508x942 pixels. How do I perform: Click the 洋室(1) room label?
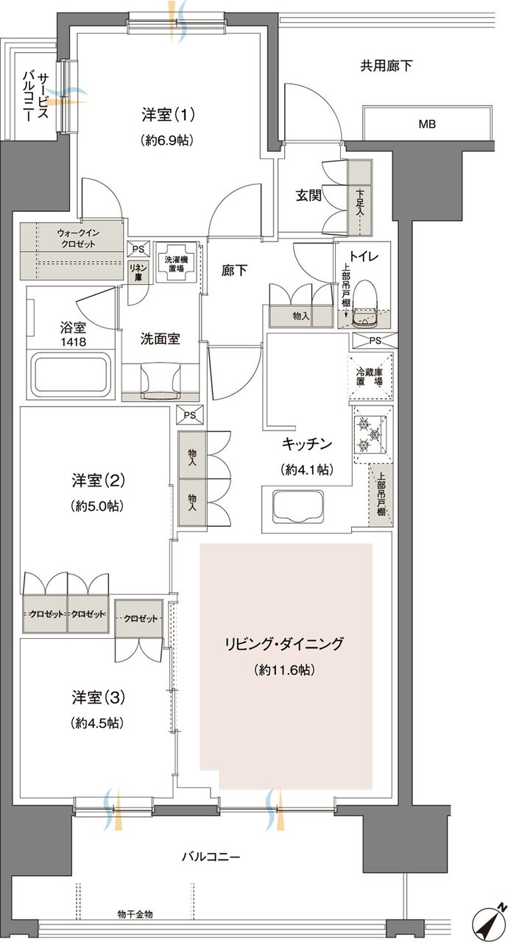[x=169, y=115]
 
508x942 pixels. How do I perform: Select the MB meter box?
[x=426, y=124]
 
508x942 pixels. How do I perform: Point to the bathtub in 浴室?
[x=71, y=375]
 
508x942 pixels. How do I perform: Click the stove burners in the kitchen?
[x=373, y=434]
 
